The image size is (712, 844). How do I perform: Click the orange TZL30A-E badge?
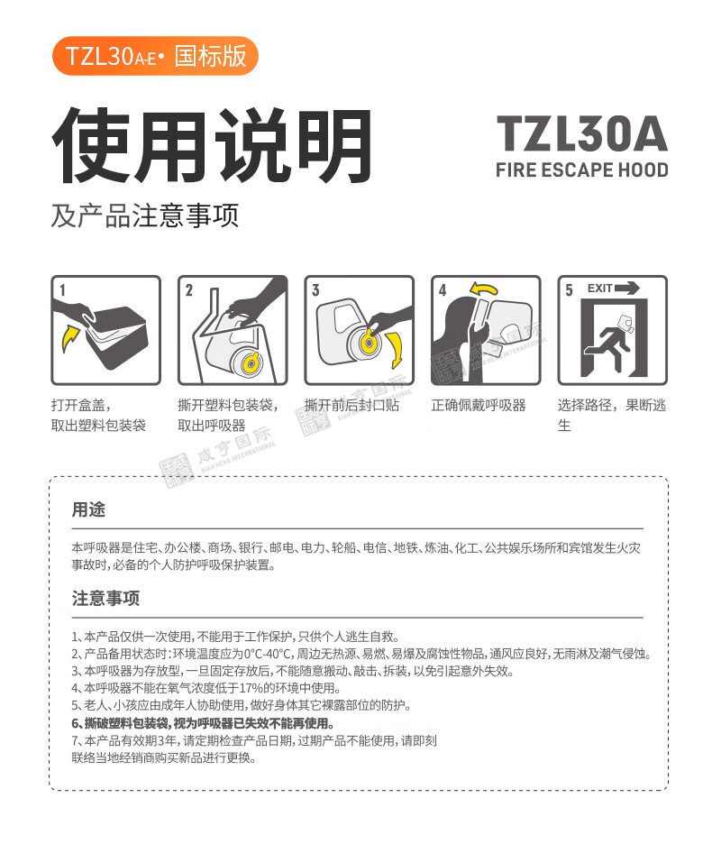coord(155,56)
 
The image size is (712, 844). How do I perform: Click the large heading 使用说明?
coord(212,145)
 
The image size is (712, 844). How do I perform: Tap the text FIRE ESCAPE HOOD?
coord(581,170)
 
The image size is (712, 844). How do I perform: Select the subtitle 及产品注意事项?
coord(145,216)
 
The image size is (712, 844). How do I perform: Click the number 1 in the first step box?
coord(62,290)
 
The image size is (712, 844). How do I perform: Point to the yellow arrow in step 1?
coord(70,337)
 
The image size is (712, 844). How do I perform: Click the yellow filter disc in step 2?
coord(251,363)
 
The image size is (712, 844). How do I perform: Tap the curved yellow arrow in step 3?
coord(395,350)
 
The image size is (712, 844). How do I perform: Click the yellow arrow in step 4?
coord(483,289)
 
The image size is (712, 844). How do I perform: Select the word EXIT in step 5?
coord(599,289)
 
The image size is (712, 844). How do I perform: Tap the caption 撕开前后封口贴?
coord(352,405)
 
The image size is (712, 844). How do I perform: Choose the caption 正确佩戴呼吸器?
coord(479,405)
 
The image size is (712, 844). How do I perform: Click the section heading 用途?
coord(89,509)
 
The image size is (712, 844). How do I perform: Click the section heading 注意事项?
coord(106,598)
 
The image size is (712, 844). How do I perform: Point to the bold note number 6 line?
coord(203,723)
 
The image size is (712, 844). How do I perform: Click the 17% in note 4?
coord(253,688)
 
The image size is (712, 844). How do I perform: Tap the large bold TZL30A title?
coord(581,133)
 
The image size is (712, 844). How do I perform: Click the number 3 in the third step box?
coord(316,290)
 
